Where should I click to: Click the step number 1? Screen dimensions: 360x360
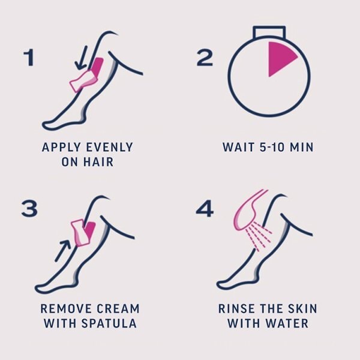coord(29,58)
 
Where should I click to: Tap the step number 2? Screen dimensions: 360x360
coord(205,58)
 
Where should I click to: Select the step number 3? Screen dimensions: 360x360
coord(29,208)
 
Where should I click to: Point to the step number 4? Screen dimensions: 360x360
coord(205,208)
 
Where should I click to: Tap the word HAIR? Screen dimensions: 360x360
coord(98,162)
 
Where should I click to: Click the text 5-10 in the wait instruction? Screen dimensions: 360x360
coord(272,147)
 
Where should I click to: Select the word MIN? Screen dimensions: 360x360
coord(302,147)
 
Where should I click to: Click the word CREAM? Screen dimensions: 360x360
coord(118,308)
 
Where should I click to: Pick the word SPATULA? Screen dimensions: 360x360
coord(109,323)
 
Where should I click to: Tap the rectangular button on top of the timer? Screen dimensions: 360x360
coord(269,32)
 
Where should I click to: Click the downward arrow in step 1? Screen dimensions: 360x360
coord(82,58)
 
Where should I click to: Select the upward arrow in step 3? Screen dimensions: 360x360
coord(63,251)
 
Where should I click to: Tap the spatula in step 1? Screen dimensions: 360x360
coord(83,81)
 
